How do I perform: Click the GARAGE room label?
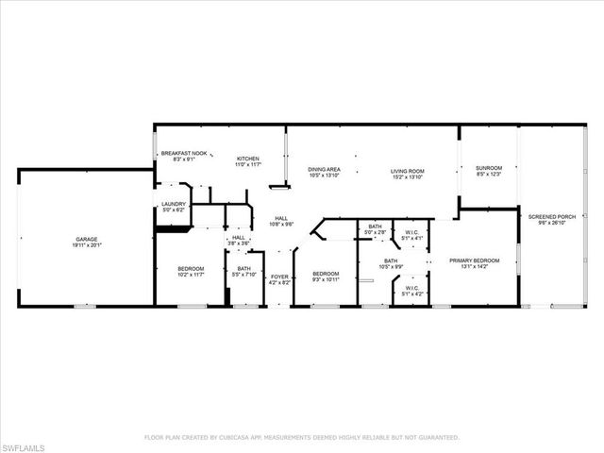pos(87,239)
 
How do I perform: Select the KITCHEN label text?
pos(247,159)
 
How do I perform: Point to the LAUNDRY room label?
pos(173,204)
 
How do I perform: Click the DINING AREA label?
pos(324,170)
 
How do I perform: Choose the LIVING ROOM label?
pos(408,171)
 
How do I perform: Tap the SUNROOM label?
pos(489,168)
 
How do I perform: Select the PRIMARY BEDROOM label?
pos(474,260)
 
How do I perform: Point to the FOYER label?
pos(279,277)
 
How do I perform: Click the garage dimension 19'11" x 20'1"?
pos(87,245)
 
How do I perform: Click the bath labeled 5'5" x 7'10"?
pos(243,275)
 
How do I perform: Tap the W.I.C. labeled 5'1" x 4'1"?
pos(411,238)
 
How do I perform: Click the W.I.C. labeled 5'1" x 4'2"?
pos(411,294)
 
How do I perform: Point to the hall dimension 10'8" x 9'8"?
pos(281,224)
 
